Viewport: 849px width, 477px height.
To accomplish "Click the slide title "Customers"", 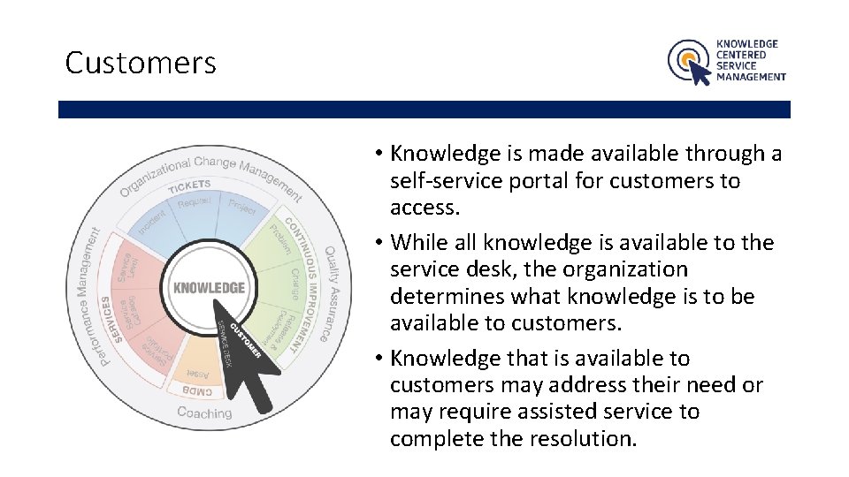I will point(141,63).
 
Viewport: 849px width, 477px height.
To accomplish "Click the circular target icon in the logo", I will point(685,59).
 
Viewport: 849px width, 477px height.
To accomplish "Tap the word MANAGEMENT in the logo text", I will point(751,77).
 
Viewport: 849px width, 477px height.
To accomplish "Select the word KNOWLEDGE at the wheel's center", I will point(209,288).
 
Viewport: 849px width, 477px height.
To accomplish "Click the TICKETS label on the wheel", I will point(189,185).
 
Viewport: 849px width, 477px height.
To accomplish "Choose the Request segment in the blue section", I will point(195,203).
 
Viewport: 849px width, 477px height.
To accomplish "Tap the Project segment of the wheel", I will point(241,207).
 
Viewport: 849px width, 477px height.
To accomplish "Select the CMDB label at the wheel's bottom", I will point(197,389).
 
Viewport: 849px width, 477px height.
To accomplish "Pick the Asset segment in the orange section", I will point(201,373).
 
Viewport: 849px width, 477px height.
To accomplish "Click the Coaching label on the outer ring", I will point(204,413).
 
